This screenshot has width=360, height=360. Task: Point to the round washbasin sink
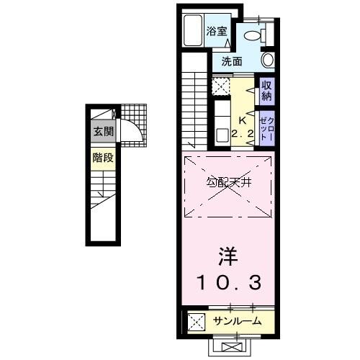coord(268,60)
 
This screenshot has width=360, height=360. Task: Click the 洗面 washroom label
coord(231,61)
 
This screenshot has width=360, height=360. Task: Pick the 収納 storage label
coord(266,91)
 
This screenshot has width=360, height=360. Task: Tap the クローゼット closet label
coord(266,127)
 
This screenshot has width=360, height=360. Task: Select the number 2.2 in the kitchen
coord(242,132)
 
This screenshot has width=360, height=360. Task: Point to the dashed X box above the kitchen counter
coord(221,87)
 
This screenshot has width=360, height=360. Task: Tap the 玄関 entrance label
coord(102,132)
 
